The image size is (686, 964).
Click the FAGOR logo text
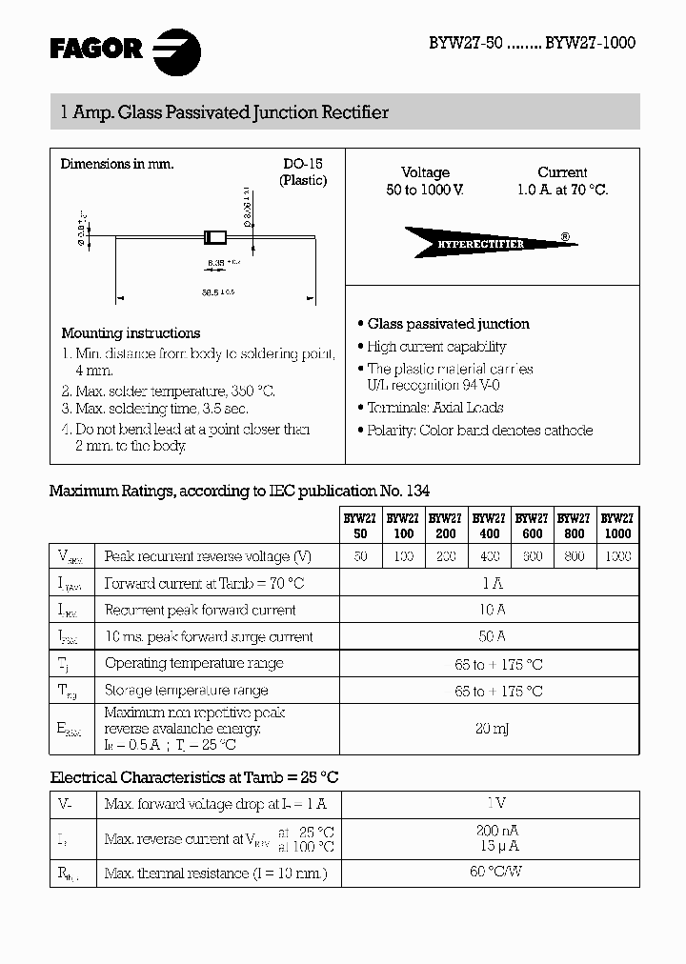96,48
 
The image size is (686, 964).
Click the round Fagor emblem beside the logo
178,49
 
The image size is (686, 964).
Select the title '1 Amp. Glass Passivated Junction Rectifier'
224,112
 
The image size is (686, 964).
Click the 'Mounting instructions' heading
131,333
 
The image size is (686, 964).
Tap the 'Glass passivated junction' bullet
448,324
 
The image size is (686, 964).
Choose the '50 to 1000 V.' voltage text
425,190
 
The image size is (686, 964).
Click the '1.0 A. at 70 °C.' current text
562,190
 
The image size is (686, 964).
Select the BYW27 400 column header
489,526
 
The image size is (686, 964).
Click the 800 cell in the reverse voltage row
575,556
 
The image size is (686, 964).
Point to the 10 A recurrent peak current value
490,610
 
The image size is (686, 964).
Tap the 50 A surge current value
490,636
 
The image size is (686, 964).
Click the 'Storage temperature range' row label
187,691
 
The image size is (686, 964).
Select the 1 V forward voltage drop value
490,804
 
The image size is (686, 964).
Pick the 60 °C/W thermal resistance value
490,872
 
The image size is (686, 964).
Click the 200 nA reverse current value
497,831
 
